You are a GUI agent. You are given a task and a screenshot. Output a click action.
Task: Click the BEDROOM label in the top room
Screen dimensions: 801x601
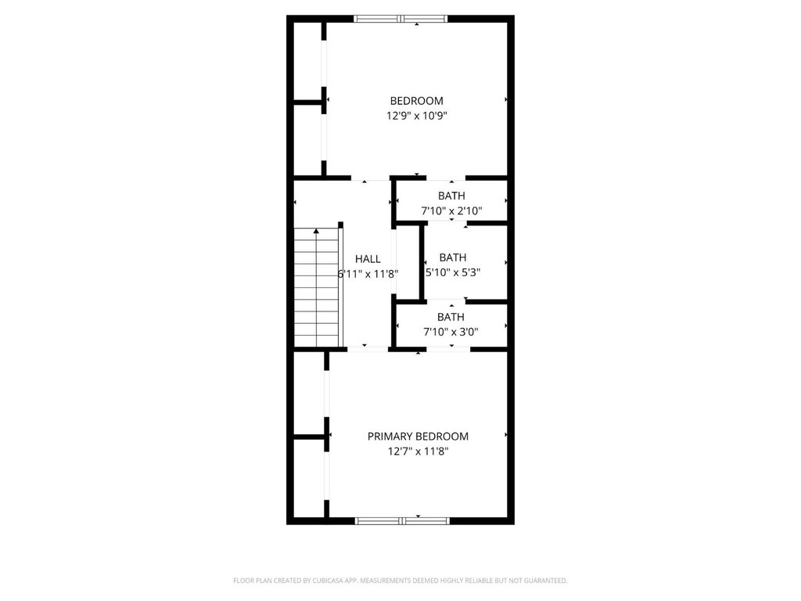(x=416, y=101)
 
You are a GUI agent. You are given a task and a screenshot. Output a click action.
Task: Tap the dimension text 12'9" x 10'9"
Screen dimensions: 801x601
(x=416, y=116)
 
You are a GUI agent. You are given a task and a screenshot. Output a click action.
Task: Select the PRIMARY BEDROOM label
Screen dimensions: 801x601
(x=418, y=437)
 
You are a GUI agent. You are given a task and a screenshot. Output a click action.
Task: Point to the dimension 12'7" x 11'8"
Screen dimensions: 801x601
(x=418, y=452)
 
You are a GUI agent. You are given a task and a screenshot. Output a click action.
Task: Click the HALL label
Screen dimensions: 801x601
(x=368, y=259)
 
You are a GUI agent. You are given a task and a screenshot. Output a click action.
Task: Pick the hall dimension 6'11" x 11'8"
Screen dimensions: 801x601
(x=368, y=274)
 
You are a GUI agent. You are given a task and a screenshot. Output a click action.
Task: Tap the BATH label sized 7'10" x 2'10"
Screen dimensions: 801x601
(x=451, y=196)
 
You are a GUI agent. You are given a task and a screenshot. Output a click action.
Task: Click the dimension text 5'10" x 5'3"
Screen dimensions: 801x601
(x=453, y=272)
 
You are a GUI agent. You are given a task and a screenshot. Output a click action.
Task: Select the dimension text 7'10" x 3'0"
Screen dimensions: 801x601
(x=451, y=332)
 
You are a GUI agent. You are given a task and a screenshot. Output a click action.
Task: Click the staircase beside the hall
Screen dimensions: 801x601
(x=317, y=287)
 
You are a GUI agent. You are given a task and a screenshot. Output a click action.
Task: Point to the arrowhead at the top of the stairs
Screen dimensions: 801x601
(x=316, y=232)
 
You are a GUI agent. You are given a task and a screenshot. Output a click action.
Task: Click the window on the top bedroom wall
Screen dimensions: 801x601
(x=400, y=19)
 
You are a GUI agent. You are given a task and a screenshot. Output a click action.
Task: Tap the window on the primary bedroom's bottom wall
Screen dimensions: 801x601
(x=402, y=521)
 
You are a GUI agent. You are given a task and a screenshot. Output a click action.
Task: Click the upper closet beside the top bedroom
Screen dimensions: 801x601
(x=307, y=61)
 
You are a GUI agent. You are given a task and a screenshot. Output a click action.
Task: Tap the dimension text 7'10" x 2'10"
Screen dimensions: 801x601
(x=451, y=211)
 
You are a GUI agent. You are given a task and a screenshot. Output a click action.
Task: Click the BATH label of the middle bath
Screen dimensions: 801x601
(x=453, y=257)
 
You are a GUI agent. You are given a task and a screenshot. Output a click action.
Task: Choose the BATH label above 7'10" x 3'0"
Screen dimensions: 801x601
(x=451, y=318)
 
